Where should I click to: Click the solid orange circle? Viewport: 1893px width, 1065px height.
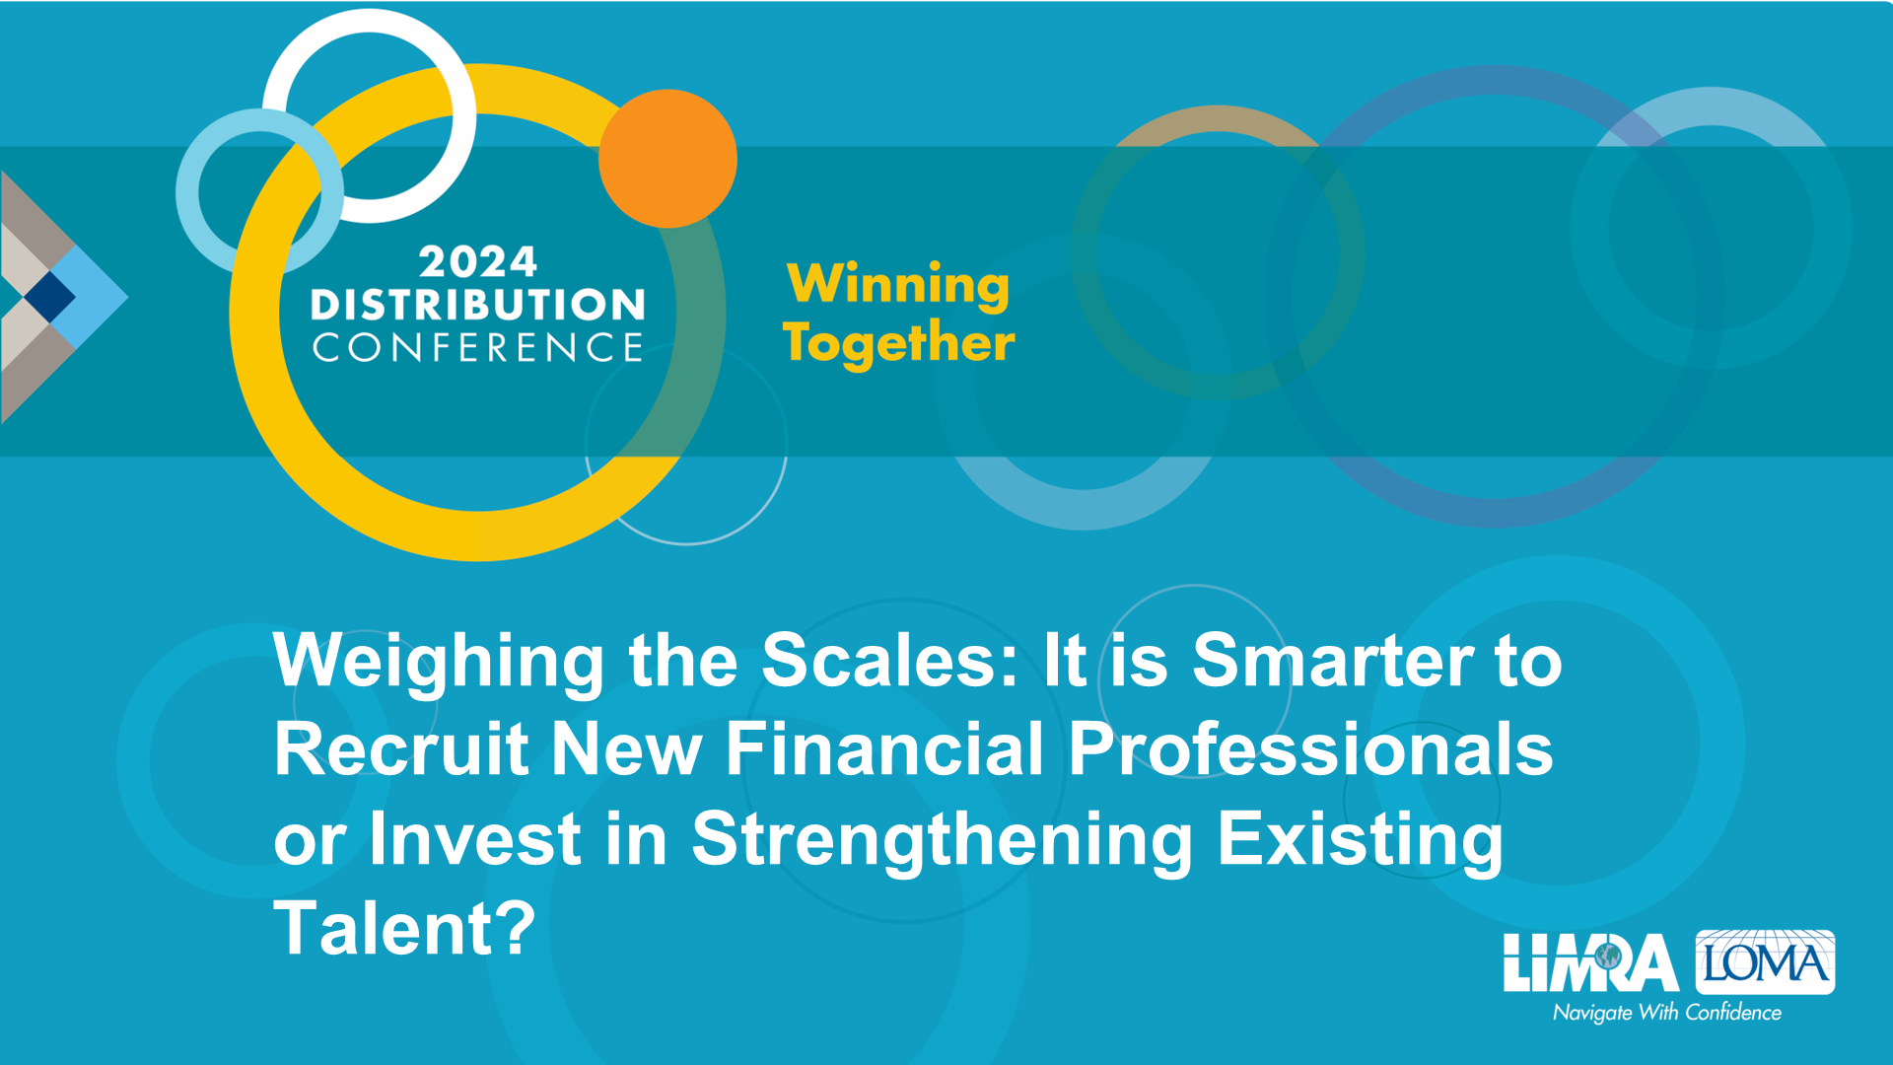667,159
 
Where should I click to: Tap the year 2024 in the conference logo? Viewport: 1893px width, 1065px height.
478,262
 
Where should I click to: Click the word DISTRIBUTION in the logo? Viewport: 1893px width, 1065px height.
478,305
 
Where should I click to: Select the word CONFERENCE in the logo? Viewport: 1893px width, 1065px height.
478,347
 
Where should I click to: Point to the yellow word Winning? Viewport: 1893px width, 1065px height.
898,285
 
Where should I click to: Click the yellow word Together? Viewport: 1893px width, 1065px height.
898,343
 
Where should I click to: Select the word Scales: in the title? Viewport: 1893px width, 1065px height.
890,660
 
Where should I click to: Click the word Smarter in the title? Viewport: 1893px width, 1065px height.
1333,660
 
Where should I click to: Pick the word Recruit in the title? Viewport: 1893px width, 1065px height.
401,748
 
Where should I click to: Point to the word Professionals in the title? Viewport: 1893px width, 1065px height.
1311,748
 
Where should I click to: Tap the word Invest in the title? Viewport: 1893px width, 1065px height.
475,838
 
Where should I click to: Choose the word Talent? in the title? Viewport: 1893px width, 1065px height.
404,928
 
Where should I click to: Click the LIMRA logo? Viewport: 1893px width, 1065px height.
1590,963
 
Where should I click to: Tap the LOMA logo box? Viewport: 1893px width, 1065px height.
1765,961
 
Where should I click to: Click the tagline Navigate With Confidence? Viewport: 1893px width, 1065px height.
1667,1013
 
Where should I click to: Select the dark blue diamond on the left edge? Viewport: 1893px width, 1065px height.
49,296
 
